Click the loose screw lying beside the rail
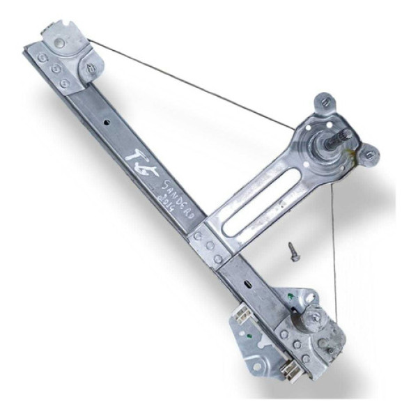293,251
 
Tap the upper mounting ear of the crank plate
323,103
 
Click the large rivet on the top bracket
60,42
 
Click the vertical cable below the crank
334,244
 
